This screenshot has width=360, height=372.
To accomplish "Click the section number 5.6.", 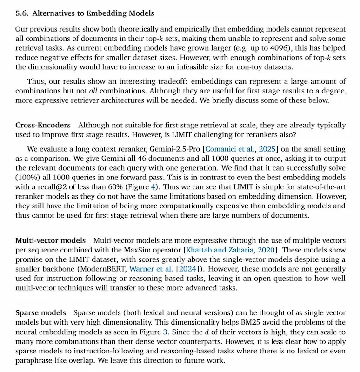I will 22,13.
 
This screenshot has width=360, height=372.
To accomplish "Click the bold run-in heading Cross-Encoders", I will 43,126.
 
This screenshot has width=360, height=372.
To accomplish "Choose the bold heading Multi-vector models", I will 50,240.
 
